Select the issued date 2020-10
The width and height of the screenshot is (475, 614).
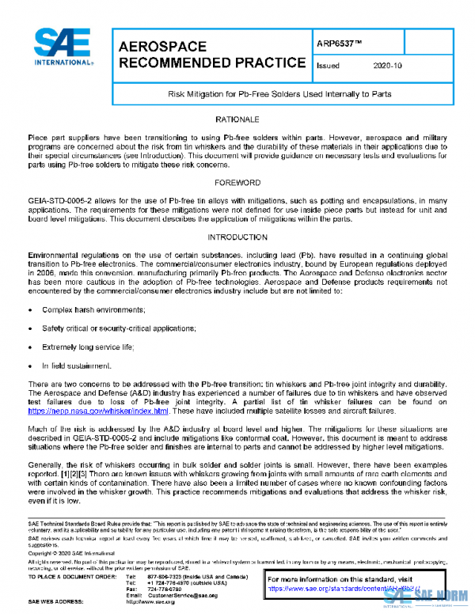[388, 66]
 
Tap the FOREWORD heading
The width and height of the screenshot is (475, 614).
[238, 183]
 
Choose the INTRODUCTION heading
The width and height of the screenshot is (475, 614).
[238, 237]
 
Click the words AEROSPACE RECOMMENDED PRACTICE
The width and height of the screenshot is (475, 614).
[211, 55]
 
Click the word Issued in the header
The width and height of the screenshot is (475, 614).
[328, 66]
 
